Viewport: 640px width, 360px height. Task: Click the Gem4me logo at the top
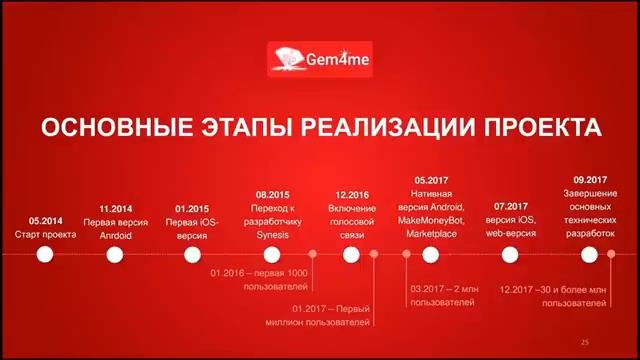pos(320,59)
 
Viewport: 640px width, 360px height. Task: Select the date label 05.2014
pos(45,220)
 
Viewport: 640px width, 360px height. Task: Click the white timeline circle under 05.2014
pos(45,255)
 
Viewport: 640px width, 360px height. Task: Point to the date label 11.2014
pos(116,209)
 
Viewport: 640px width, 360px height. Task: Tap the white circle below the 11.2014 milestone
pos(116,255)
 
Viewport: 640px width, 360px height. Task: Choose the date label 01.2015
pos(193,209)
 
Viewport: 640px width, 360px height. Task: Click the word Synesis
pos(273,235)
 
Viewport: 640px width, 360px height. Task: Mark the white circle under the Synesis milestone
pos(273,255)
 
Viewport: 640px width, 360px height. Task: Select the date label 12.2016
pos(352,194)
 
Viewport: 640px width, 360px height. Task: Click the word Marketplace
pos(430,234)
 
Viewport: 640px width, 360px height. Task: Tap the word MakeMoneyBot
pos(431,220)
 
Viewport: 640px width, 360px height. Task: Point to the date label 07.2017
pos(510,206)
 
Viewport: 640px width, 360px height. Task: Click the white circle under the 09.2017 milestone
pos(591,255)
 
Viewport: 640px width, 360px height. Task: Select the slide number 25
pos(585,343)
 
